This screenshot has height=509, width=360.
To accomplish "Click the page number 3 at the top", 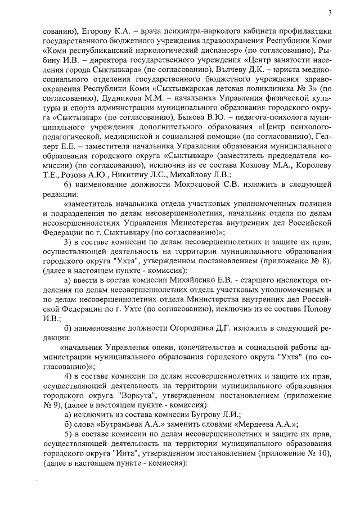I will (330, 13).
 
